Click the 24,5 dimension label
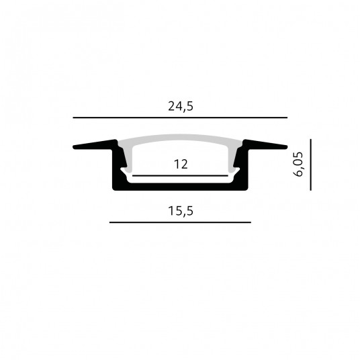point(181,107)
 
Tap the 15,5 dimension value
point(181,211)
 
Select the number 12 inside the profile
point(181,165)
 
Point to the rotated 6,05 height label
point(298,164)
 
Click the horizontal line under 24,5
point(180,118)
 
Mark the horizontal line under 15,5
point(180,222)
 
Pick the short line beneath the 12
point(180,176)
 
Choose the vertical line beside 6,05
point(311,165)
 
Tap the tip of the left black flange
point(73,147)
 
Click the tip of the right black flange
point(287,147)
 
